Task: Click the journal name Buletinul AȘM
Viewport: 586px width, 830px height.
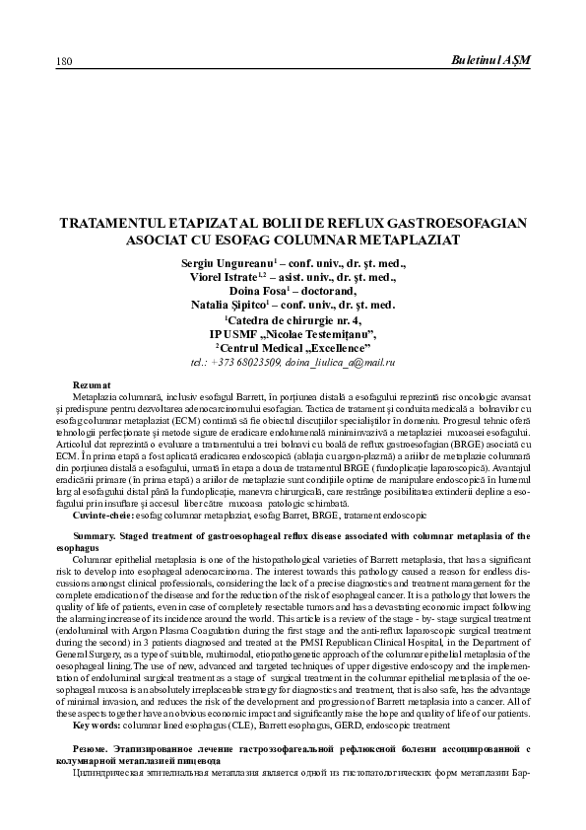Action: [x=490, y=61]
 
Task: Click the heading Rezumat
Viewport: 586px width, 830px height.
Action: [x=93, y=381]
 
